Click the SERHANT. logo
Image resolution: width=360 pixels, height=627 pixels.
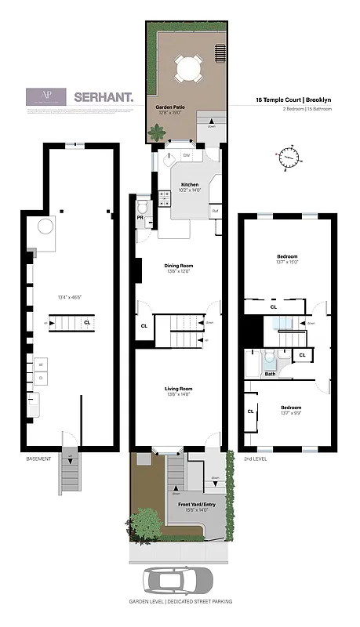[104, 98]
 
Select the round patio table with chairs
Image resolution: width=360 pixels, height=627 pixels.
[188, 68]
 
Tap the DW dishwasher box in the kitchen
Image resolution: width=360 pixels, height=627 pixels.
[187, 155]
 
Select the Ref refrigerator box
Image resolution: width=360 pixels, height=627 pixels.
[215, 211]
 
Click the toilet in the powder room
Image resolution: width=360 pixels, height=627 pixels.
[142, 208]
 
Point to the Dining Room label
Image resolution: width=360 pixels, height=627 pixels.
[177, 265]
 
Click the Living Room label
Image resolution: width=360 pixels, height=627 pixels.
[177, 389]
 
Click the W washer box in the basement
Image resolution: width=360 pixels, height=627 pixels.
[38, 364]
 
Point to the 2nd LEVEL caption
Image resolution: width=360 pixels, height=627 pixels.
[256, 458]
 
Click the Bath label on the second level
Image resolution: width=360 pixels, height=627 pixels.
[269, 374]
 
